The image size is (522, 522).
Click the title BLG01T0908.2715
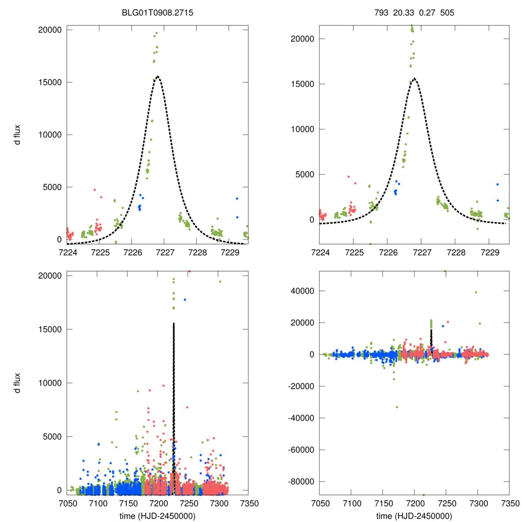pyautogui.click(x=158, y=8)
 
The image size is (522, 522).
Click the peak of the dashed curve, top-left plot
pyautogui.click(x=158, y=76)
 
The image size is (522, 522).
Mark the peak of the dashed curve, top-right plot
pyautogui.click(x=415, y=79)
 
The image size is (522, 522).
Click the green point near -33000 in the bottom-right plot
pyautogui.click(x=397, y=407)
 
